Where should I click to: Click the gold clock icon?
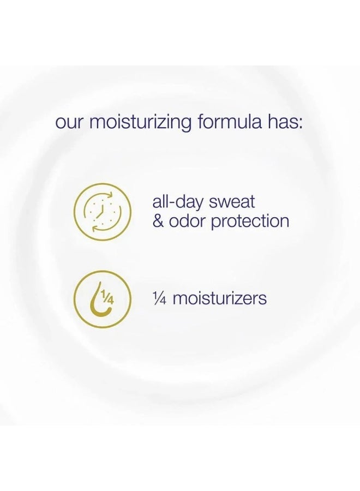click(102, 211)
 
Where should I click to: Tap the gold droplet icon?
click(102, 299)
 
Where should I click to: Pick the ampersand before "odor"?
click(159, 221)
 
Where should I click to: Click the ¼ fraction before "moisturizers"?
click(160, 298)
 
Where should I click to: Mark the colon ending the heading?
click(301, 122)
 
